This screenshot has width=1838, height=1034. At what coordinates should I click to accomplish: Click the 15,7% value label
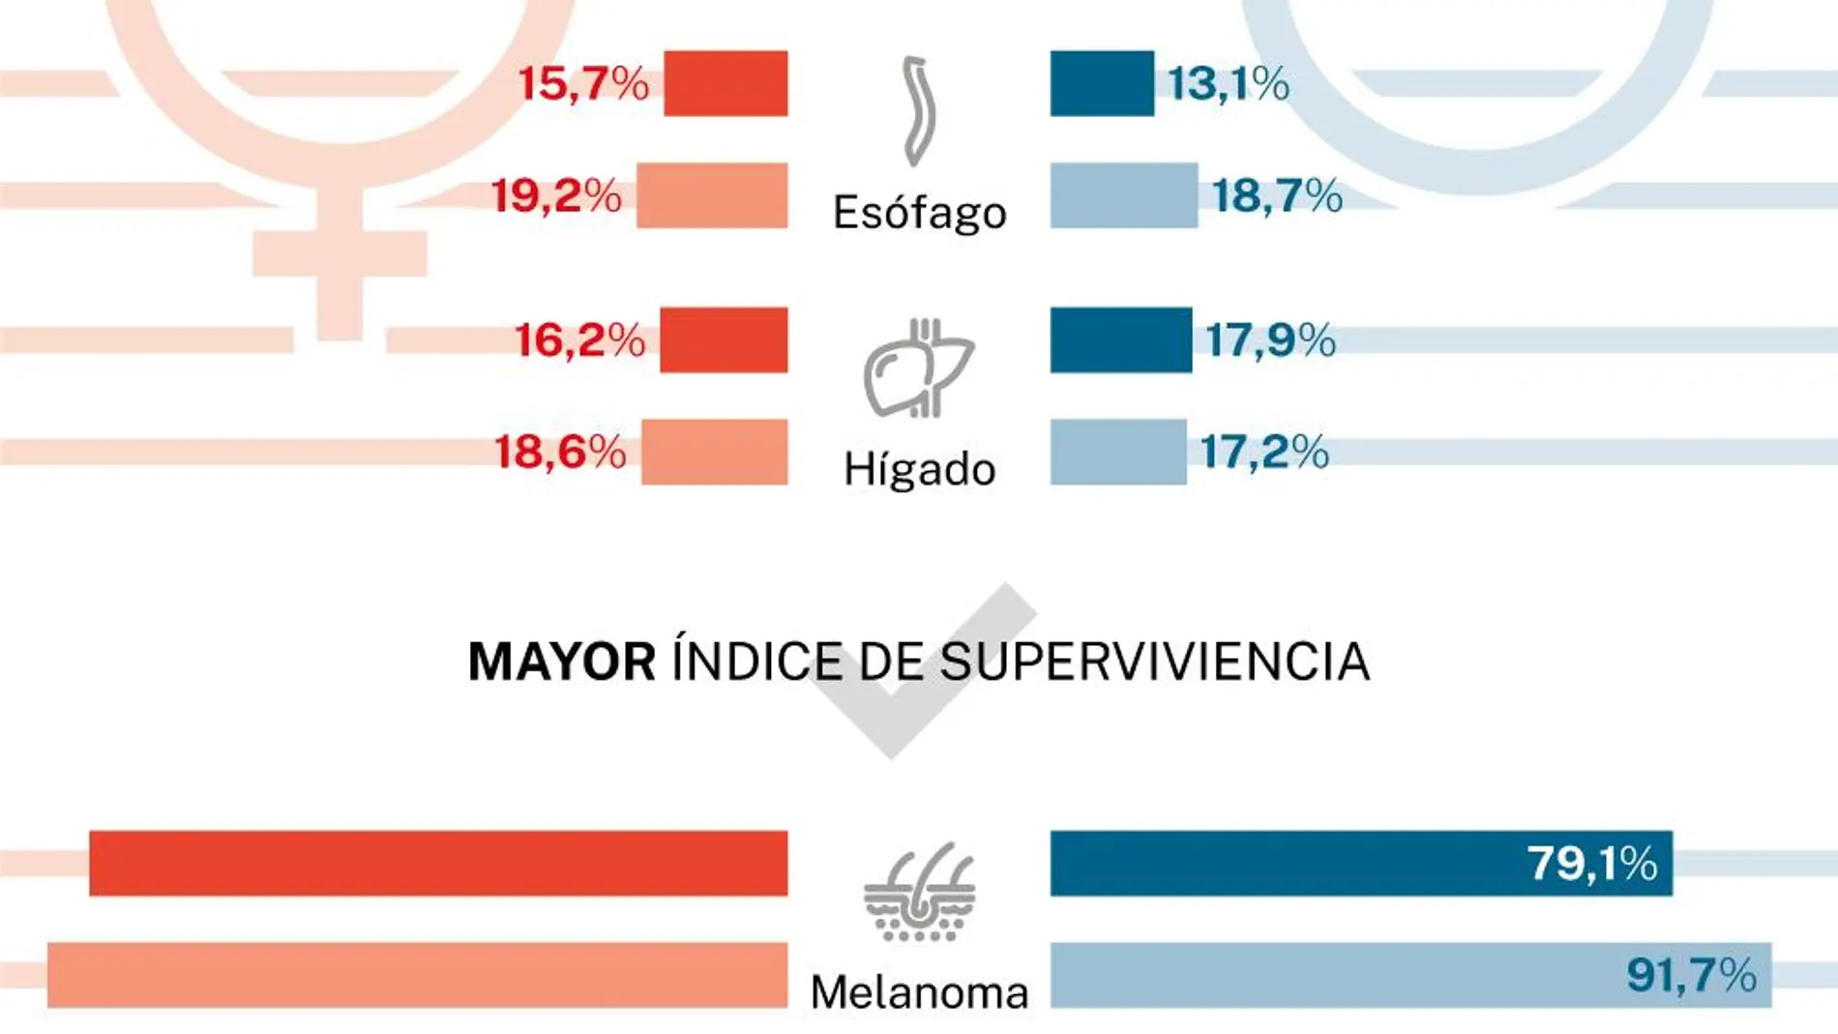[x=583, y=84]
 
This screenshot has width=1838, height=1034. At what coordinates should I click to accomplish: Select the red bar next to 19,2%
[x=712, y=196]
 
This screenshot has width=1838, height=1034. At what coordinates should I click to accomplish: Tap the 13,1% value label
[x=1228, y=84]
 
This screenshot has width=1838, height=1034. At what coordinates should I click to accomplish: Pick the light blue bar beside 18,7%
[x=1123, y=196]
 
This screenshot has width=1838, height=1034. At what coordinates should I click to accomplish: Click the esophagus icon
[x=918, y=111]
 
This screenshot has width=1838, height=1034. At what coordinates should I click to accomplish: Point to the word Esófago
[x=919, y=213]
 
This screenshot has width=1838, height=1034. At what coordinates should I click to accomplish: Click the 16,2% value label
[x=579, y=340]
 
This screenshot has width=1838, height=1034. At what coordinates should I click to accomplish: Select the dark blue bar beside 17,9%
[x=1120, y=340]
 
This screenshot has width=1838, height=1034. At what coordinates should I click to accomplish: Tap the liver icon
[x=918, y=369]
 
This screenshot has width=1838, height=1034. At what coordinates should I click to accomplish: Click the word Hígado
[x=919, y=470]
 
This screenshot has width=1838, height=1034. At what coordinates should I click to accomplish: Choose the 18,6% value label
[x=560, y=453]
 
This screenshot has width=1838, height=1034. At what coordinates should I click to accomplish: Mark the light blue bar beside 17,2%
[x=1117, y=453]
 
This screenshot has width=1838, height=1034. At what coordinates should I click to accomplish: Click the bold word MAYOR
[x=561, y=663]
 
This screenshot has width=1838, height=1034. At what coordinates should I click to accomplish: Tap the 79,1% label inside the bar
[x=1591, y=863]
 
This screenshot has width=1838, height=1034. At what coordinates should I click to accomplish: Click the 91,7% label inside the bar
[x=1691, y=975]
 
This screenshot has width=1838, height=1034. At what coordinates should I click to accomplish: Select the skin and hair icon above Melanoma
[x=919, y=893]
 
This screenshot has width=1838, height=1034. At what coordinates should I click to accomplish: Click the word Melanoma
[x=919, y=993]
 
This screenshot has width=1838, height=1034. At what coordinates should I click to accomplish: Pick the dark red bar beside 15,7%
[x=726, y=84]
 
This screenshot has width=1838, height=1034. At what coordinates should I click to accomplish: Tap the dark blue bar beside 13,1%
[x=1102, y=84]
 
